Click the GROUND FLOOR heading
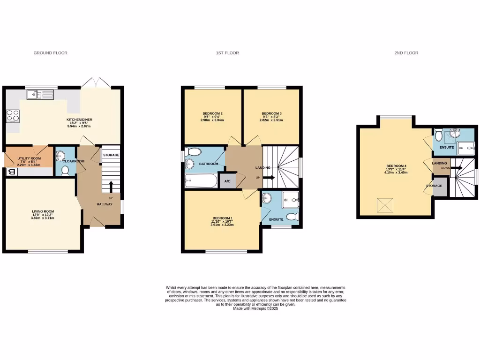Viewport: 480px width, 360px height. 50,53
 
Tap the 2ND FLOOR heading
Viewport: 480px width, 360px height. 406,53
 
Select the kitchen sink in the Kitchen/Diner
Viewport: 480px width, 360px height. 40,95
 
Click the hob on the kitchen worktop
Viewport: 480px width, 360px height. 12,115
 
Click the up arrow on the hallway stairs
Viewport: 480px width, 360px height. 111,187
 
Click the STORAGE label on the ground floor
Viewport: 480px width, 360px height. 111,155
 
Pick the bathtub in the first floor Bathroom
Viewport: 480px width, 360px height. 201,180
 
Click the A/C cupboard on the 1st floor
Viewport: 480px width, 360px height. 227,181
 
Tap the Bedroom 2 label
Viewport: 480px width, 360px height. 212,114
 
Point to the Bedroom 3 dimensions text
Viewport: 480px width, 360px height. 271,120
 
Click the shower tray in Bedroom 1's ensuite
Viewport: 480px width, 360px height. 290,201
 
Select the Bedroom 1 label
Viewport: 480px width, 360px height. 222,218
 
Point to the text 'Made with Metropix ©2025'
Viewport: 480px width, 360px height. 255,308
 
